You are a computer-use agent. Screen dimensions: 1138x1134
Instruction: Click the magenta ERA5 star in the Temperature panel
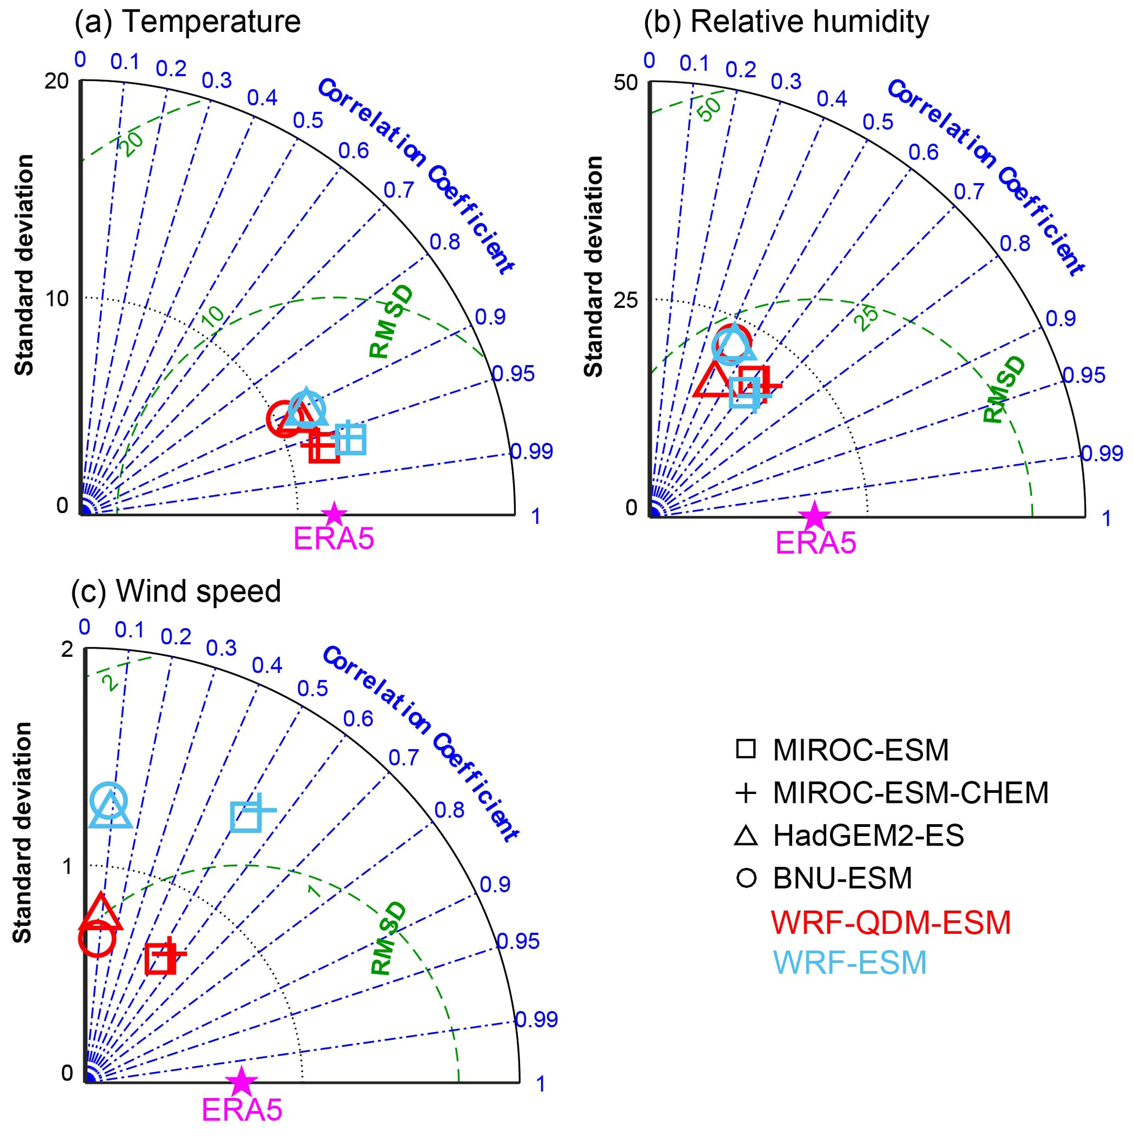coord(335,514)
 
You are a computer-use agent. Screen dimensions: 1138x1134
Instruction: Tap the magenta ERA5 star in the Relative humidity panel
coord(815,516)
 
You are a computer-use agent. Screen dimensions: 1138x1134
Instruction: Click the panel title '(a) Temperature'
coord(187,22)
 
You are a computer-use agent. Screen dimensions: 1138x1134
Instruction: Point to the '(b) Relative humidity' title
coord(786,22)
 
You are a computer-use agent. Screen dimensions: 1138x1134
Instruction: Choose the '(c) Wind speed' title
coord(176,591)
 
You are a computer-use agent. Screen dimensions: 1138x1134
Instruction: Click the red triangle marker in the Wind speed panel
coord(102,914)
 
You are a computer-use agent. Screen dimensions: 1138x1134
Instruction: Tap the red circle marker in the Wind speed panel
coord(97,939)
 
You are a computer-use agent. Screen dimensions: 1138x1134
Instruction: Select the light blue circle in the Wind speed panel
coord(109,801)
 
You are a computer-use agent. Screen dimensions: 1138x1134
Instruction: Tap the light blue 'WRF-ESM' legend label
coord(849,963)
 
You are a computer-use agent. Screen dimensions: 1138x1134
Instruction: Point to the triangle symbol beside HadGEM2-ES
coord(746,836)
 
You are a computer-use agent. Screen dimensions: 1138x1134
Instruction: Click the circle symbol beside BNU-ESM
coord(746,878)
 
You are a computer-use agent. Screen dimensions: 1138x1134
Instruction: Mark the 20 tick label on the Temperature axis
coord(57,81)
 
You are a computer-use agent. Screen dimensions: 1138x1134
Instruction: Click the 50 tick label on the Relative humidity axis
coord(625,83)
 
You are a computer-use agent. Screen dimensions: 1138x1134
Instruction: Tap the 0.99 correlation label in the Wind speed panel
coord(536,1019)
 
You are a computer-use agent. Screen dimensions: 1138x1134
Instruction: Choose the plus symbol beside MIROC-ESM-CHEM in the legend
coord(746,793)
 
